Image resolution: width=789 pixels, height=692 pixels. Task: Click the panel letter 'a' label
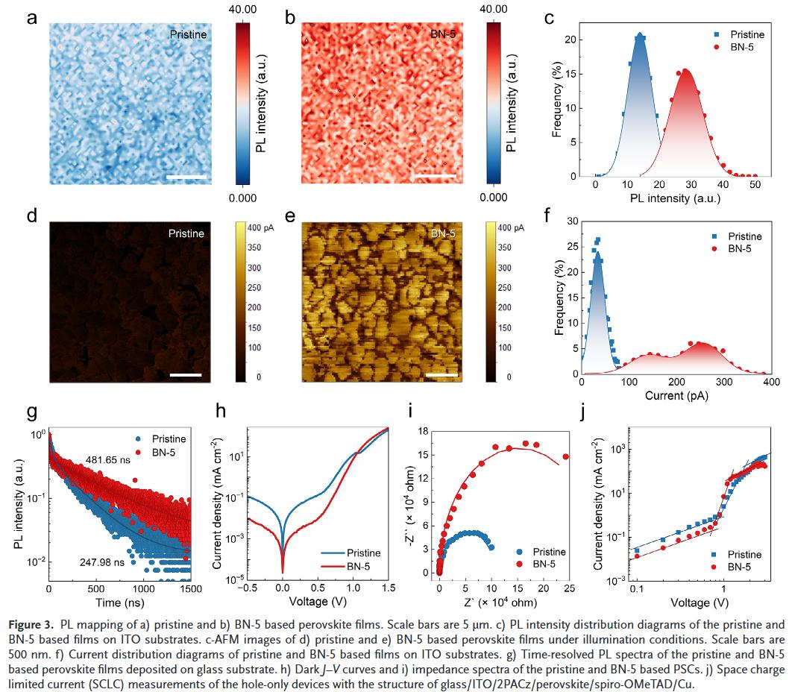pos(32,18)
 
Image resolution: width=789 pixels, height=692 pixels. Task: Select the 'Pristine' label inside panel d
pos(186,233)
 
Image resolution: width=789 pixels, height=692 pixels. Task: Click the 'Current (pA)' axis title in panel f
pos(676,395)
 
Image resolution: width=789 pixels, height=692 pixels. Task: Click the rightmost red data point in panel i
pos(565,457)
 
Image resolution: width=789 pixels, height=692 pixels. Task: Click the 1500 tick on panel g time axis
pos(190,589)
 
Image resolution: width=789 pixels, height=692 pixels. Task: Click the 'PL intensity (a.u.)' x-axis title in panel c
pos(675,198)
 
